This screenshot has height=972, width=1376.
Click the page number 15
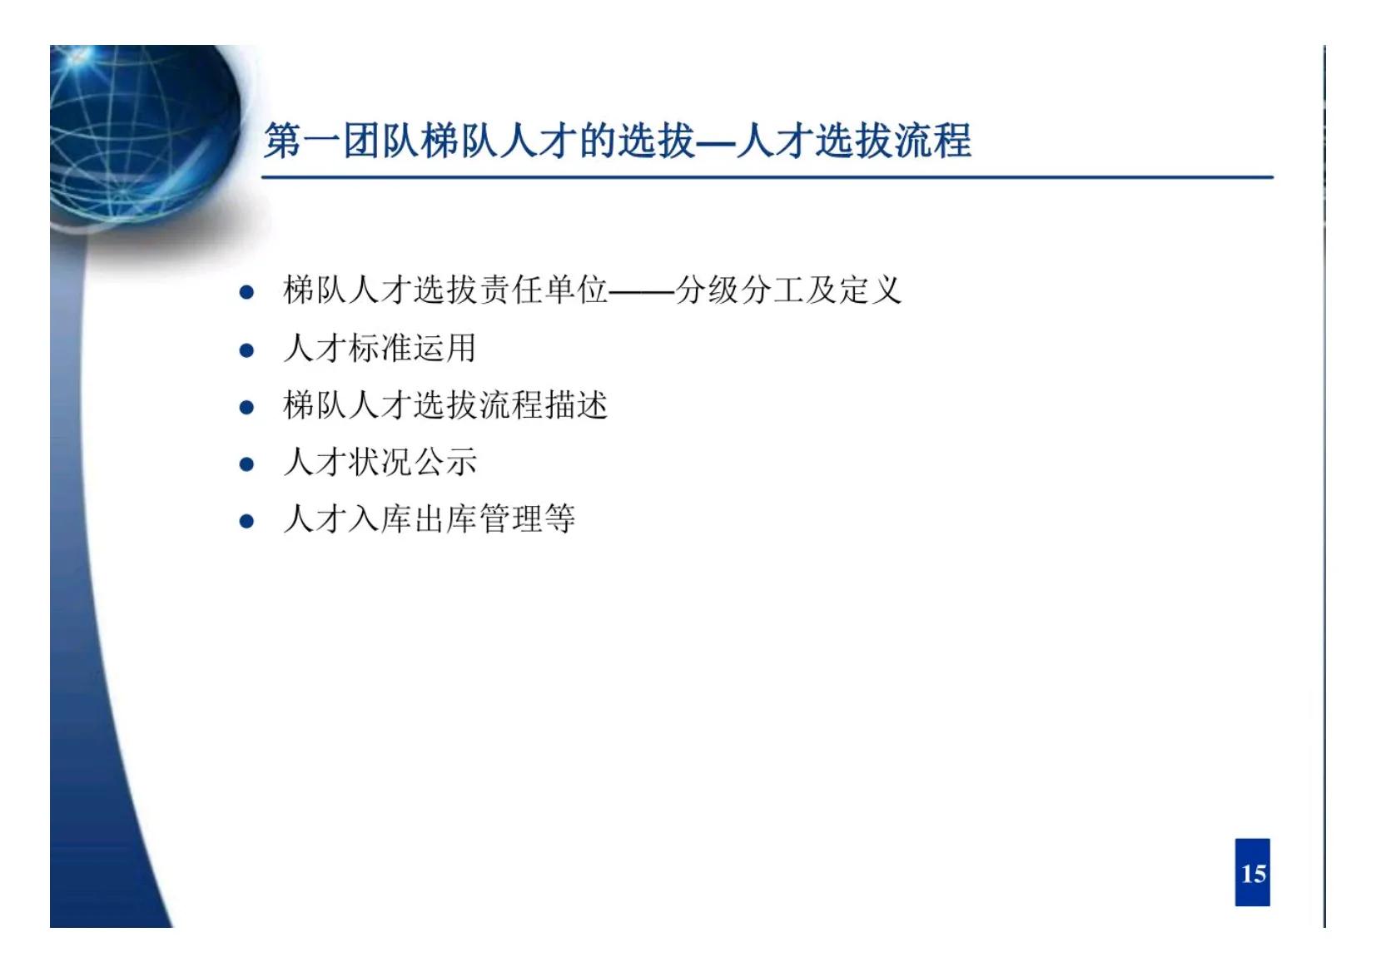(x=1252, y=873)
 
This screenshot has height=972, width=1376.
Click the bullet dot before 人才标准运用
(x=246, y=350)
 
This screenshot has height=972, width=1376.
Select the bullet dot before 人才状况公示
(x=246, y=464)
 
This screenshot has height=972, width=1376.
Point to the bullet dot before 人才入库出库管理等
(x=246, y=522)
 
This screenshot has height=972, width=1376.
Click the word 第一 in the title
(x=303, y=140)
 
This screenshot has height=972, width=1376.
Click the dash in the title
(x=716, y=141)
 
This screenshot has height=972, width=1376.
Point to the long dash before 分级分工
(x=642, y=292)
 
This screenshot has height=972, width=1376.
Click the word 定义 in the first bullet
(x=870, y=290)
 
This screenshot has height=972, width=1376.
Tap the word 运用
(x=445, y=348)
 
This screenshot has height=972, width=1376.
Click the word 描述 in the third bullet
(x=576, y=405)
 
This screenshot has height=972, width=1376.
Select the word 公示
(x=445, y=463)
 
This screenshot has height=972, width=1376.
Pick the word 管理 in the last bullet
(x=510, y=519)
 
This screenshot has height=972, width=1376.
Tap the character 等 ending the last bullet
(x=559, y=519)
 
